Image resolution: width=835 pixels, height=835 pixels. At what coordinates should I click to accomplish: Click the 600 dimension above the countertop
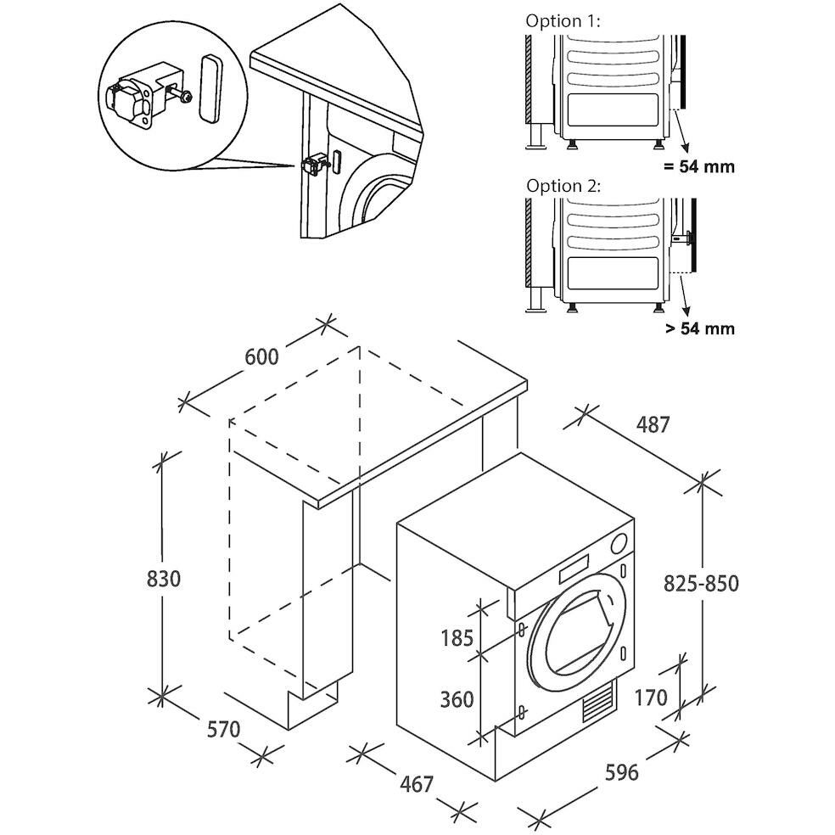261,356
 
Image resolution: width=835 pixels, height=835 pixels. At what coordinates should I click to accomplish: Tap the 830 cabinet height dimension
164,578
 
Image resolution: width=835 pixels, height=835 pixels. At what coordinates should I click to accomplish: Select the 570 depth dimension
224,729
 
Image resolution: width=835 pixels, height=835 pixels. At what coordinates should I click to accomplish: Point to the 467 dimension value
417,783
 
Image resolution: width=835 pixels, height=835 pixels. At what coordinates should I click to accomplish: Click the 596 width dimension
621,771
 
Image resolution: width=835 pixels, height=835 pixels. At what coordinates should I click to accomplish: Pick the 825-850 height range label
701,584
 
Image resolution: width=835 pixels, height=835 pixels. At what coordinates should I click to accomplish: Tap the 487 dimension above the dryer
653,424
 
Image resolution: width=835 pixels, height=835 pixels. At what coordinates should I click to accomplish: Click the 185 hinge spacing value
457,637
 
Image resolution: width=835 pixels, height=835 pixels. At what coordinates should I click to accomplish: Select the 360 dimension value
457,699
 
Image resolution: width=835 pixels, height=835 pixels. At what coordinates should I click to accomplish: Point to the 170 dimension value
651,697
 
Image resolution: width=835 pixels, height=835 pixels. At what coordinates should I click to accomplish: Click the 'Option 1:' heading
563,21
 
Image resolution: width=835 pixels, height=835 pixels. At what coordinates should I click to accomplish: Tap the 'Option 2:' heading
563,186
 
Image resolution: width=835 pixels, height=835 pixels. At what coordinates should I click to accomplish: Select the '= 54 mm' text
698,166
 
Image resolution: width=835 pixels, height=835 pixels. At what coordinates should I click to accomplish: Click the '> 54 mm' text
700,328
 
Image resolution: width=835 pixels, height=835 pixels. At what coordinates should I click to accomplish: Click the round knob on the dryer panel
619,543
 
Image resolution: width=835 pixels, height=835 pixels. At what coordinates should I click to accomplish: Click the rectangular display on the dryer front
574,569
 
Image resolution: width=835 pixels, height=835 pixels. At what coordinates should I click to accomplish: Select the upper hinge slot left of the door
521,630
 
